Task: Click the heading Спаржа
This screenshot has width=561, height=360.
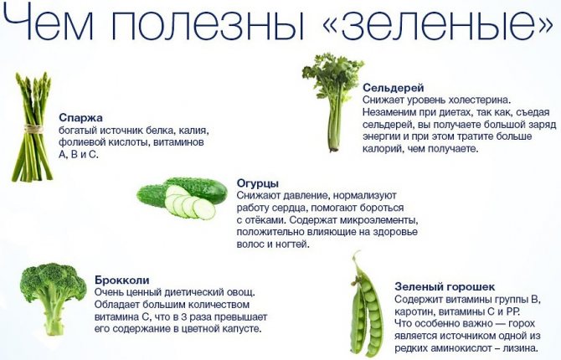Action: [80, 118]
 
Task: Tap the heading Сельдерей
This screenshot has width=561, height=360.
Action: [394, 87]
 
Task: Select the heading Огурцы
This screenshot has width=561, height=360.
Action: [258, 183]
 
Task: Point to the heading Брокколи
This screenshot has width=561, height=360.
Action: [122, 280]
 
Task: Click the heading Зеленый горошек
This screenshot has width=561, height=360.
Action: [445, 286]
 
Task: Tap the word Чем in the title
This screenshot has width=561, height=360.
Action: [49, 23]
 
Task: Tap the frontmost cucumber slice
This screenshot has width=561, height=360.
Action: [204, 208]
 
